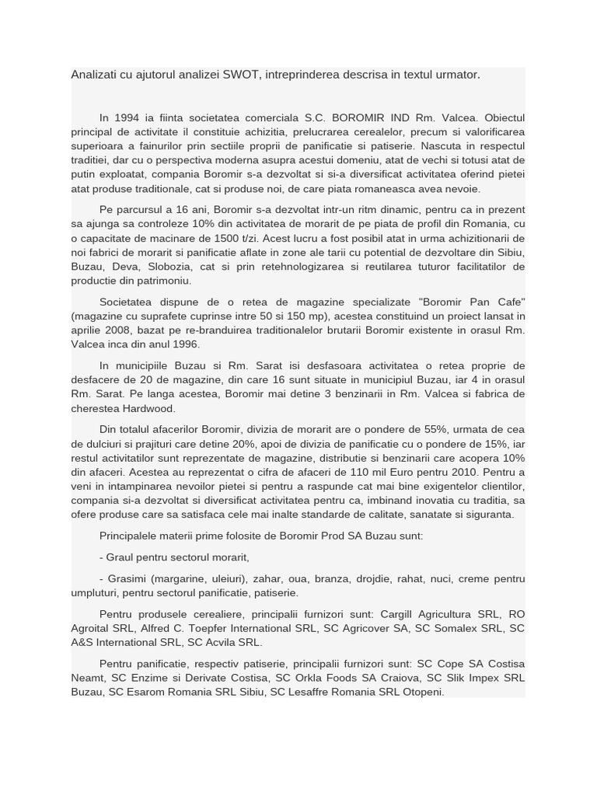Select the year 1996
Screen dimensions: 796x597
pyautogui.click(x=184, y=344)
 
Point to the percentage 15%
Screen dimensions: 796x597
pyautogui.click(x=494, y=443)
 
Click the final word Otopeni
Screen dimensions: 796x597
pyautogui.click(x=421, y=692)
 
